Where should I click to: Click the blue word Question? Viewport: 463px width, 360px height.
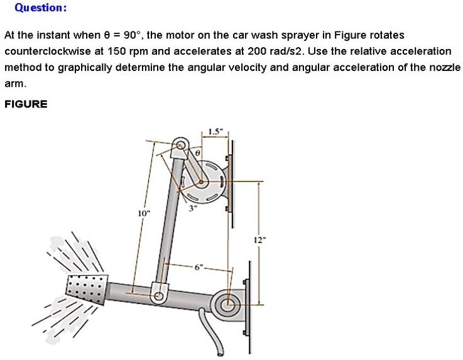pos(40,8)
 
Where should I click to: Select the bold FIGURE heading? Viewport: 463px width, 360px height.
pos(26,104)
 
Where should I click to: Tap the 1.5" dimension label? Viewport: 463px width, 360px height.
pos(214,133)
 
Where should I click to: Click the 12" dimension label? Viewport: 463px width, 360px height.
pos(259,239)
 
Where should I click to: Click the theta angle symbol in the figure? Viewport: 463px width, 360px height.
pos(197,152)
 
